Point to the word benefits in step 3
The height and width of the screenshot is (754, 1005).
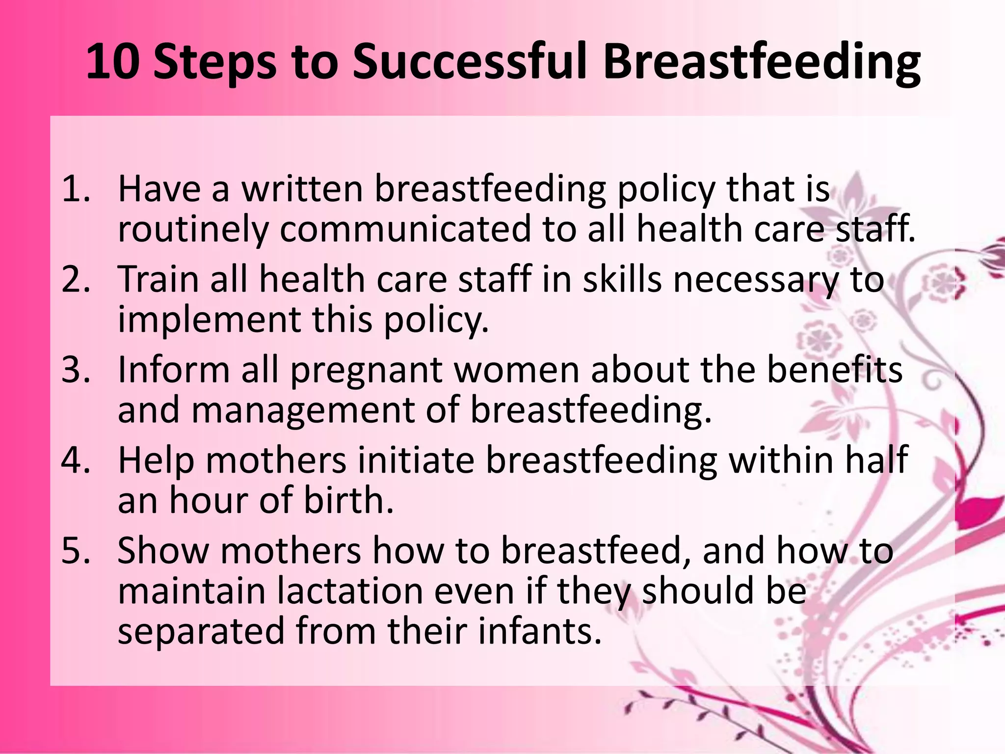coord(834,369)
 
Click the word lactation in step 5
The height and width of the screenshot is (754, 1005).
coord(350,591)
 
